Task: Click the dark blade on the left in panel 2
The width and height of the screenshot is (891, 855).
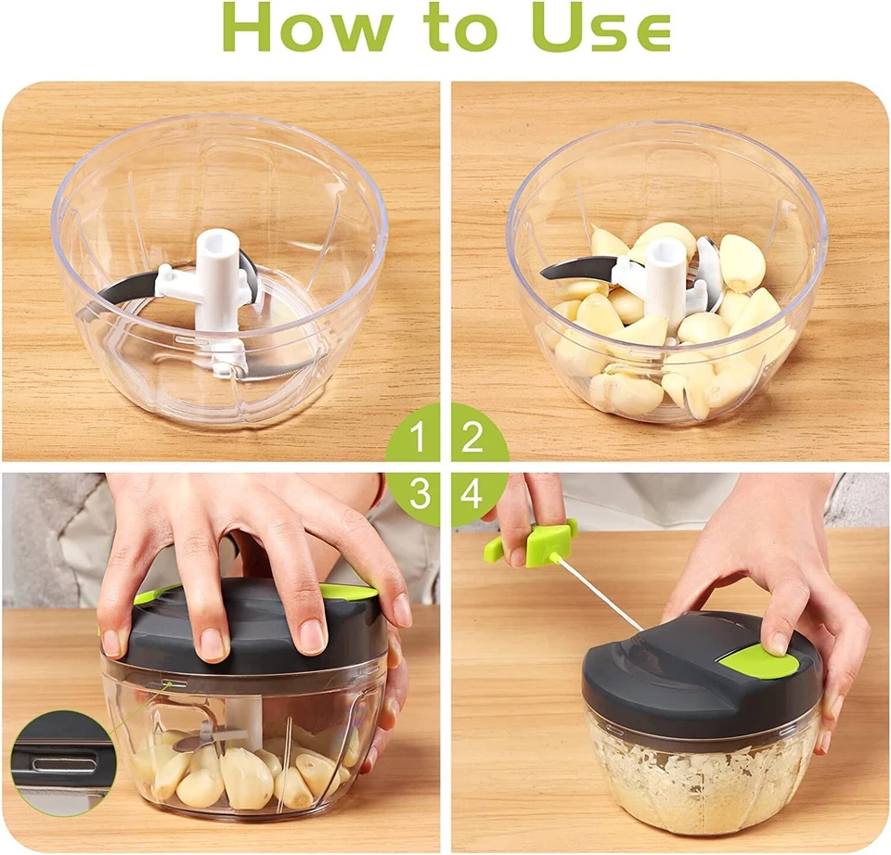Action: click(x=576, y=271)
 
